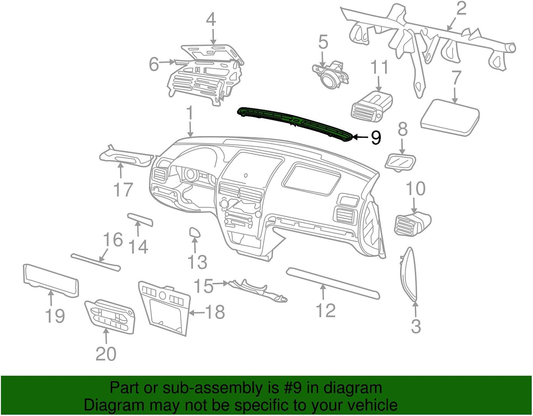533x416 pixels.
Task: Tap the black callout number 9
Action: [x=376, y=138]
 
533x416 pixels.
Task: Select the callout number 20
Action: [x=106, y=353]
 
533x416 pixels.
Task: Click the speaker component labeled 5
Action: [x=330, y=76]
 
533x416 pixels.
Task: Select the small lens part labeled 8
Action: [x=400, y=162]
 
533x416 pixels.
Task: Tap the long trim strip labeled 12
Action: [x=332, y=283]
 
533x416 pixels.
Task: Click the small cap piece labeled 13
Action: [x=194, y=232]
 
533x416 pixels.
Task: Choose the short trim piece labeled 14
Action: [x=140, y=220]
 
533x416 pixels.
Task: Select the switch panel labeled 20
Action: [x=110, y=316]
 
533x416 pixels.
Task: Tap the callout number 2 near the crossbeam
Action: [x=461, y=9]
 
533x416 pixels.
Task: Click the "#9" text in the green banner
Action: [x=292, y=388]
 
